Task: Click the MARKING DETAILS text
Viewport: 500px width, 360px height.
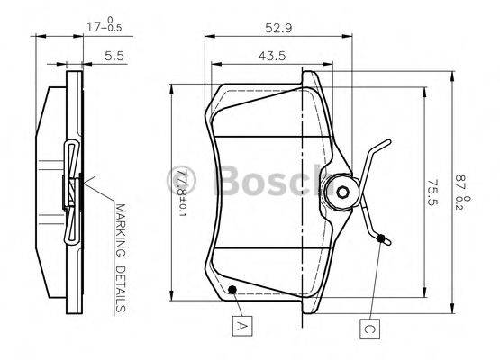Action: (120, 256)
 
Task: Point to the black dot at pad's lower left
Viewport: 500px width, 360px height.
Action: (232, 290)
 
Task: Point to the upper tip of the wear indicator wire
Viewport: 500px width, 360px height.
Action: (389, 141)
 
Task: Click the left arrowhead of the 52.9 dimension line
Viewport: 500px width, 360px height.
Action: (209, 37)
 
